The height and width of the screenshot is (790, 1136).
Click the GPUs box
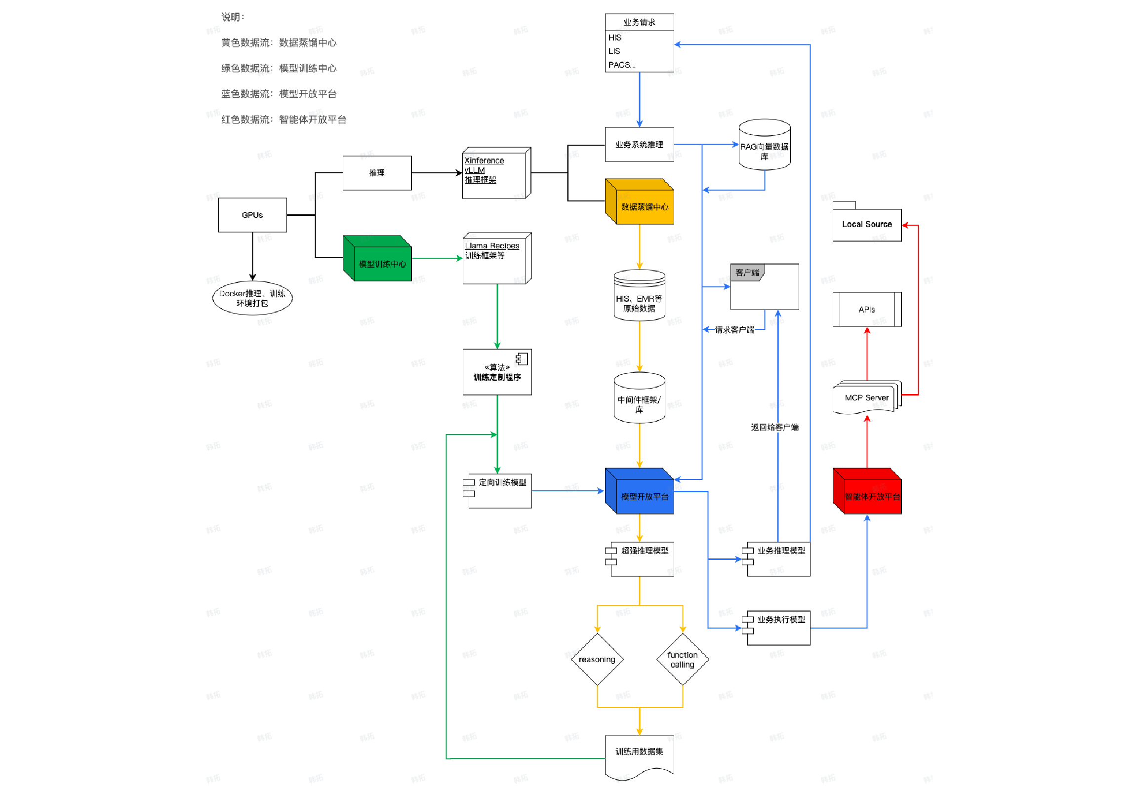pyautogui.click(x=252, y=215)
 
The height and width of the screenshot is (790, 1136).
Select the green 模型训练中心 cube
pyautogui.click(x=377, y=258)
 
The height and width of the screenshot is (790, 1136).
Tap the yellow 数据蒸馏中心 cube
pyautogui.click(x=639, y=201)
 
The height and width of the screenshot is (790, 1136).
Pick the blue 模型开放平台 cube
pyautogui.click(x=639, y=491)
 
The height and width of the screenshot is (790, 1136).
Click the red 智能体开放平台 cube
pyautogui.click(x=867, y=491)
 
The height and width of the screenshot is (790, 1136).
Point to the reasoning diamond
pyautogui.click(x=597, y=659)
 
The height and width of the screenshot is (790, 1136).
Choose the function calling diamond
pyautogui.click(x=683, y=659)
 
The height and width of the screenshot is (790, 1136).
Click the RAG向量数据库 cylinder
pyautogui.click(x=765, y=145)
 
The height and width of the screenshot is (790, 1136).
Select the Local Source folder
pyautogui.click(x=867, y=222)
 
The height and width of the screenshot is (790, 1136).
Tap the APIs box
pyautogui.click(x=867, y=309)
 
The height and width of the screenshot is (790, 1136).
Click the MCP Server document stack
pyautogui.click(x=867, y=397)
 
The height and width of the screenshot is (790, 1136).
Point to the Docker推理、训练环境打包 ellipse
pyautogui.click(x=252, y=298)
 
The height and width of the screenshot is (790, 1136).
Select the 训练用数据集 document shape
pyautogui.click(x=639, y=757)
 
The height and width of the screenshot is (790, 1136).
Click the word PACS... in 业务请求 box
pyautogui.click(x=622, y=65)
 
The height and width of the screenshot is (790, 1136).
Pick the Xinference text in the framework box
pyautogui.click(x=484, y=160)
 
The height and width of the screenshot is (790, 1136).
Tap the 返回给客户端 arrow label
pyautogui.click(x=775, y=427)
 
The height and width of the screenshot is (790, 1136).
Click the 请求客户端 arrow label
pyautogui.click(x=735, y=329)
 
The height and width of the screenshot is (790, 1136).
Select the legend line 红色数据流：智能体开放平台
pyautogui.click(x=284, y=119)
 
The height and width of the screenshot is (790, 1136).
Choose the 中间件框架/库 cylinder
pyautogui.click(x=639, y=398)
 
